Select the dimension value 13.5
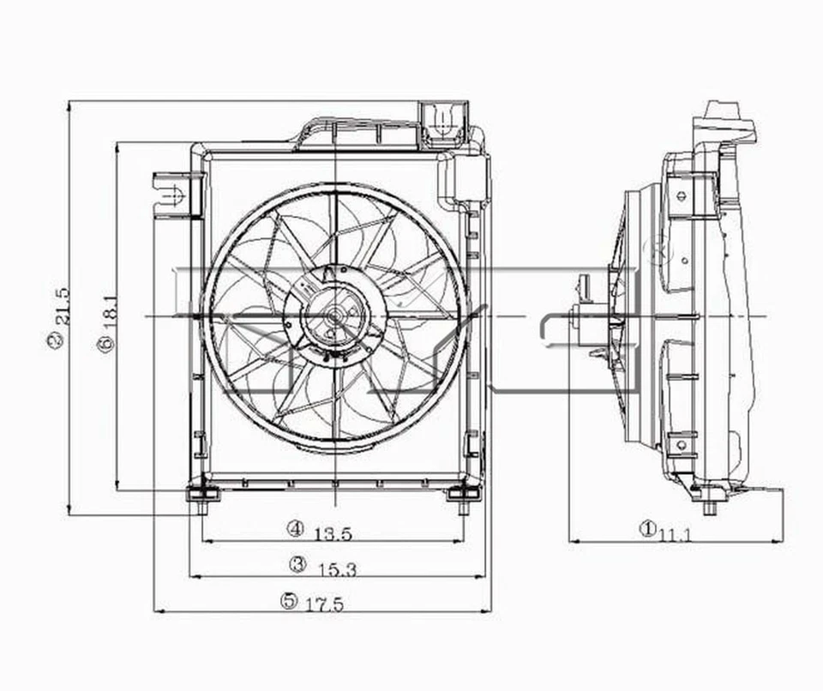tap(333, 533)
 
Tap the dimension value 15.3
tap(336, 568)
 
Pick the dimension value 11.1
tap(676, 535)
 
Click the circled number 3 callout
tap(297, 563)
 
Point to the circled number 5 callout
tap(289, 600)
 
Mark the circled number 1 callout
tap(647, 529)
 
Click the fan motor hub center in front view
tap(333, 316)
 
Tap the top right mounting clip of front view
tap(445, 119)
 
